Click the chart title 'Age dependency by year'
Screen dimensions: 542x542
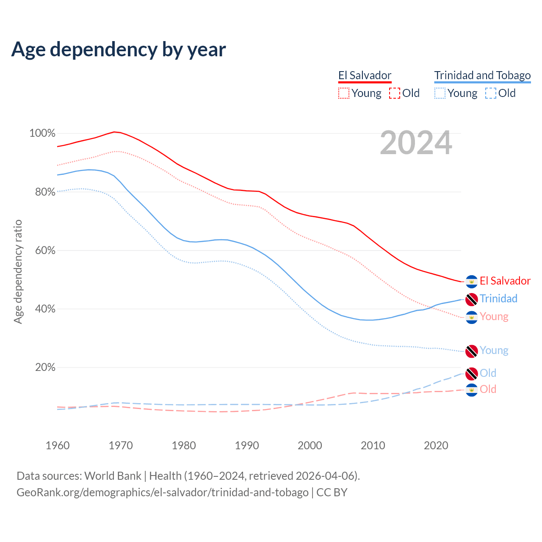pyautogui.click(x=119, y=50)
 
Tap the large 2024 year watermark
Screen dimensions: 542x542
pyautogui.click(x=416, y=143)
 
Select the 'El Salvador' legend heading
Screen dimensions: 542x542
pyautogui.click(x=365, y=75)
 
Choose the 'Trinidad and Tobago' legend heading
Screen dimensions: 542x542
pyautogui.click(x=482, y=75)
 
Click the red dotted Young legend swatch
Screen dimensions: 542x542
pyautogui.click(x=344, y=93)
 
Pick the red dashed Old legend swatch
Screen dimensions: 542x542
pyautogui.click(x=395, y=93)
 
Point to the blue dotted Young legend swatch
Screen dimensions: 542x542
pyautogui.click(x=440, y=93)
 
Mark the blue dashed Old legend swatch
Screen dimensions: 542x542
pyautogui.click(x=491, y=93)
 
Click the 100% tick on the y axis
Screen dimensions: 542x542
pyautogui.click(x=42, y=133)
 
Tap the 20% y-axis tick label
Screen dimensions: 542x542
pyautogui.click(x=45, y=367)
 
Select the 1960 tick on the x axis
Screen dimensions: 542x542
pyautogui.click(x=58, y=445)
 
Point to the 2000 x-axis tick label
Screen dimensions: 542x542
pyautogui.click(x=310, y=445)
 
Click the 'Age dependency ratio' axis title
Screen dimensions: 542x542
pyautogui.click(x=18, y=271)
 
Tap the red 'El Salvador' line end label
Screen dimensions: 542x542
pyautogui.click(x=505, y=281)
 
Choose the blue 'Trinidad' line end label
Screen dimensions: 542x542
pyautogui.click(x=498, y=299)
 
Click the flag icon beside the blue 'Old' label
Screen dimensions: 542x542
pyautogui.click(x=472, y=374)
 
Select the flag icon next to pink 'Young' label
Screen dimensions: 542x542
pyautogui.click(x=472, y=317)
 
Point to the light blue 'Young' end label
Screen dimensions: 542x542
pyautogui.click(x=494, y=350)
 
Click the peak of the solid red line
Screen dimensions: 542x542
pyautogui.click(x=114, y=132)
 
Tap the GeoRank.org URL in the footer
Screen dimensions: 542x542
pyautogui.click(x=162, y=492)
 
